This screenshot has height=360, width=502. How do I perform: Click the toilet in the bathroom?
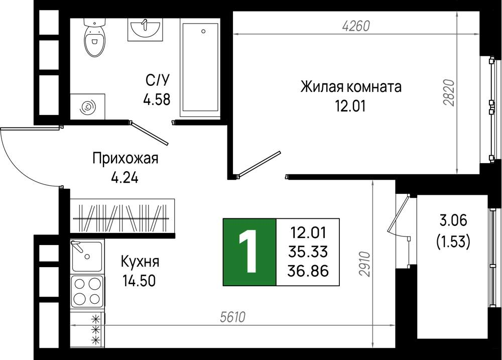pos(95,37)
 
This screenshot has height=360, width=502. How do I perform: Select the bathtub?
pos(200,67)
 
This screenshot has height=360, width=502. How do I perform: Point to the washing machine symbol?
pos(87,106)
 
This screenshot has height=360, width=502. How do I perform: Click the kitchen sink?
pos(87,256)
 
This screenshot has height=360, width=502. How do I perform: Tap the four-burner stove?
pos(87,291)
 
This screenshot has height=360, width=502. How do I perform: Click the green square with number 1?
pos(249,252)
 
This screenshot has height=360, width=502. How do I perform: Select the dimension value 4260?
pos(356,26)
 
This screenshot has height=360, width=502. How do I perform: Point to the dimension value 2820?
pos(449,92)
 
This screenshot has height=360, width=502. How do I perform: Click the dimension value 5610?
pos(233,317)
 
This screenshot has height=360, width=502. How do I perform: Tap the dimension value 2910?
pos(364,264)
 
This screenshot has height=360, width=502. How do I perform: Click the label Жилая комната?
pos(351,87)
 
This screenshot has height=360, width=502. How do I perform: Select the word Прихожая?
pos(125,158)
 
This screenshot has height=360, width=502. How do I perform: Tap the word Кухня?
pos(140,262)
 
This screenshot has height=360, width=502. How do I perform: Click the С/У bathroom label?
pos(157,80)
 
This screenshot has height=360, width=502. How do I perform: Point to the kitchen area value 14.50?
pos(139,281)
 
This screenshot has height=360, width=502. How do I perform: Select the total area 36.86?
pos(308,271)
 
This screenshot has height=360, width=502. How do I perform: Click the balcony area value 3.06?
pos(453,221)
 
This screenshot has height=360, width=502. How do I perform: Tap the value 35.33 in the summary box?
pos(308,252)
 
